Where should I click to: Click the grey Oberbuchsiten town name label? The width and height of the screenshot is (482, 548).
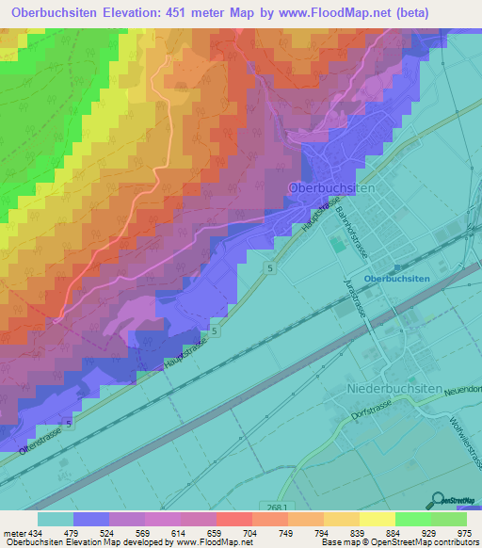pos(331,188)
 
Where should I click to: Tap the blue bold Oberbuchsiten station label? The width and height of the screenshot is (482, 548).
pos(396,279)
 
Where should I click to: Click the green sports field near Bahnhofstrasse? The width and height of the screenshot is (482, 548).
pos(337,245)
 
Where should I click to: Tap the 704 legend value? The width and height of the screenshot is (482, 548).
pos(250,533)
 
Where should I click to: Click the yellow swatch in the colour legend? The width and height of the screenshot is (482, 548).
pos(341,519)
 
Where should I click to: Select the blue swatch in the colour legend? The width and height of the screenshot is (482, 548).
pos(91,519)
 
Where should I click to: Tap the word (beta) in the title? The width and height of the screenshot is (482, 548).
pos(404,12)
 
